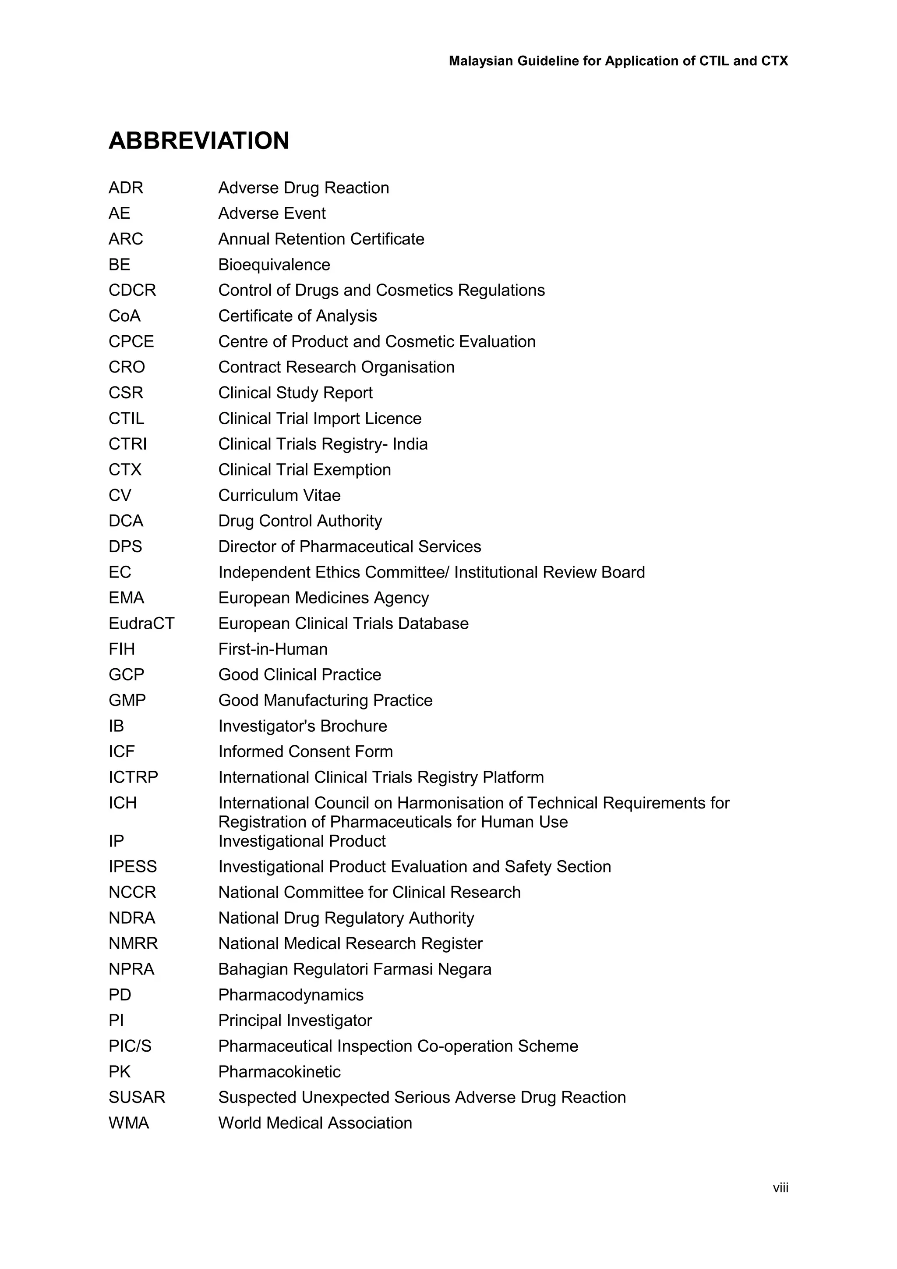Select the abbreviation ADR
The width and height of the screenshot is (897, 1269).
pyautogui.click(x=126, y=188)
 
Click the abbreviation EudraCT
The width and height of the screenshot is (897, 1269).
pyautogui.click(x=141, y=624)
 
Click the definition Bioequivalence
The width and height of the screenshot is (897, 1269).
pyautogui.click(x=274, y=265)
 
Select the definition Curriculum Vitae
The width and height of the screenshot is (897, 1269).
pyautogui.click(x=279, y=495)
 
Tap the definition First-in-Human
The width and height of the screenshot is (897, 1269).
pyautogui.click(x=273, y=649)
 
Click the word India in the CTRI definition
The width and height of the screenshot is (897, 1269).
pyautogui.click(x=410, y=444)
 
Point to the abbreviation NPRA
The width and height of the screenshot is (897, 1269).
pyautogui.click(x=131, y=969)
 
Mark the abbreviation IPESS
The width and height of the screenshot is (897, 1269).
pyautogui.click(x=133, y=867)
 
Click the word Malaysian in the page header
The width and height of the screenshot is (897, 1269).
pyautogui.click(x=481, y=61)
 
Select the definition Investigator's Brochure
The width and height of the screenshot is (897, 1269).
pyautogui.click(x=303, y=726)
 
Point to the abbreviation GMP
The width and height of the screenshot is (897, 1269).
pyautogui.click(x=127, y=700)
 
